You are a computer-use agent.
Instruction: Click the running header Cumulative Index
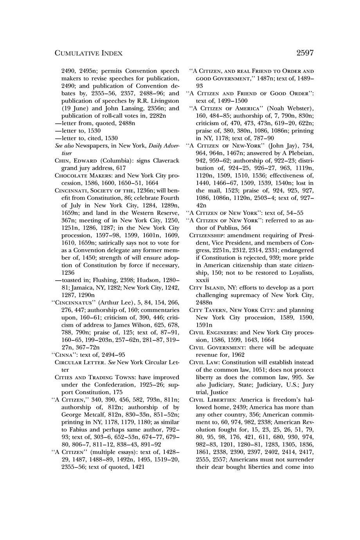point(88,53)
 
